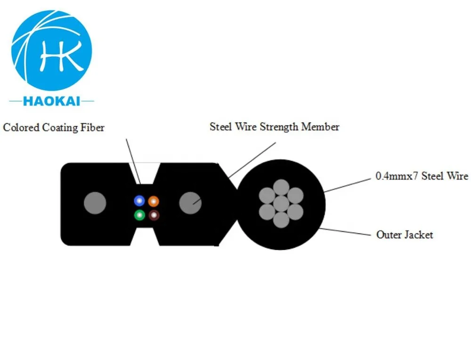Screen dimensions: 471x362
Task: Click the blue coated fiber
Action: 139,201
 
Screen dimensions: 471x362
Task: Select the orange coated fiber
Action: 154,201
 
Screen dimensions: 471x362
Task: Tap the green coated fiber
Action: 139,215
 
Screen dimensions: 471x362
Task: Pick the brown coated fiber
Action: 154,215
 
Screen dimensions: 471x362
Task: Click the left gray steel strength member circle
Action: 95,203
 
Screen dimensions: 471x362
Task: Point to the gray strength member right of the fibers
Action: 190,203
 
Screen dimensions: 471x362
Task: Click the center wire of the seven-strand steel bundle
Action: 281,203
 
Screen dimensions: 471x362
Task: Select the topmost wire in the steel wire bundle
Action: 281,187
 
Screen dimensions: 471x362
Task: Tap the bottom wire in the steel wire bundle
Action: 281,220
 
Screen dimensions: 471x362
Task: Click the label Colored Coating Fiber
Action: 54,128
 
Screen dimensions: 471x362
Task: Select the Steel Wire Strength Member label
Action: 275,127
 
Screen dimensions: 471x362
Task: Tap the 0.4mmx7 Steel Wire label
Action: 422,176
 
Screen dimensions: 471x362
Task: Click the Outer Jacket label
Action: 405,235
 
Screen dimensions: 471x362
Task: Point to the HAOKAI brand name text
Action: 52,101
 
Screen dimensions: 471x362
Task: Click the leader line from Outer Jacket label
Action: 345,232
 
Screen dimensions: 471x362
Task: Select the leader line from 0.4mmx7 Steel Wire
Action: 348,185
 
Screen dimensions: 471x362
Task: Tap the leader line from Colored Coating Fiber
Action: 133,161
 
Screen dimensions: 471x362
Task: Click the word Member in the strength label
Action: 320,127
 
